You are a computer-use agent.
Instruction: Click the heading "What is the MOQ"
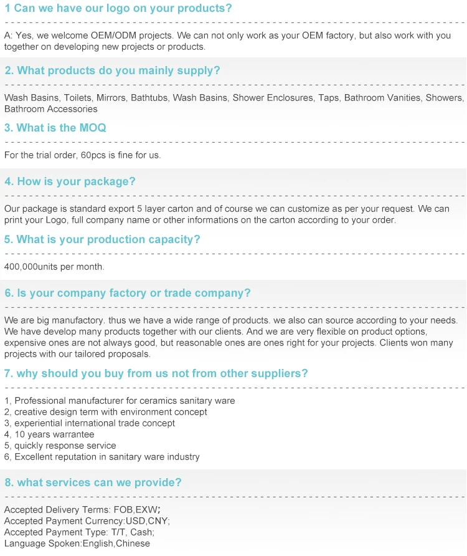[55, 128]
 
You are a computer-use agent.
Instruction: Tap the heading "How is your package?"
[70, 181]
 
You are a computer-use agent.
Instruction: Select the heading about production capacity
[102, 239]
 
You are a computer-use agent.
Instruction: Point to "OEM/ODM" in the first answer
[106, 36]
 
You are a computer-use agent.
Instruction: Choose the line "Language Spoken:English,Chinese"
[77, 544]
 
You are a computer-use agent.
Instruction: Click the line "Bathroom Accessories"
[50, 109]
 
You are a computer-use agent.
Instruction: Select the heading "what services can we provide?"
[93, 482]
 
